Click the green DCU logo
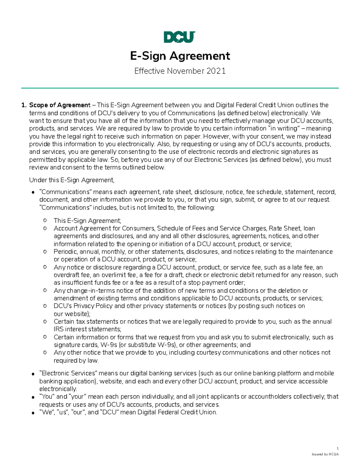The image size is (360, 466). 179,37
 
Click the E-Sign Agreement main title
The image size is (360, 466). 180,56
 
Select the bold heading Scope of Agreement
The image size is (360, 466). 59,105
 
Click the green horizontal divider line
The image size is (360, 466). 180,88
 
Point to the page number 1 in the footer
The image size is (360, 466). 337,448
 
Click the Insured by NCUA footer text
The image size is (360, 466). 325,454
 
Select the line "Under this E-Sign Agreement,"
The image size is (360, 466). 72,180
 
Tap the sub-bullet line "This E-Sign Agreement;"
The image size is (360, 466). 87,221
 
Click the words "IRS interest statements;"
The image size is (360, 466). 87,329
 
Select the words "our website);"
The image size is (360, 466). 72,314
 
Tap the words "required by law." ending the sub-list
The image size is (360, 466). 76,360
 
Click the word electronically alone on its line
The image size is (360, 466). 58,389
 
